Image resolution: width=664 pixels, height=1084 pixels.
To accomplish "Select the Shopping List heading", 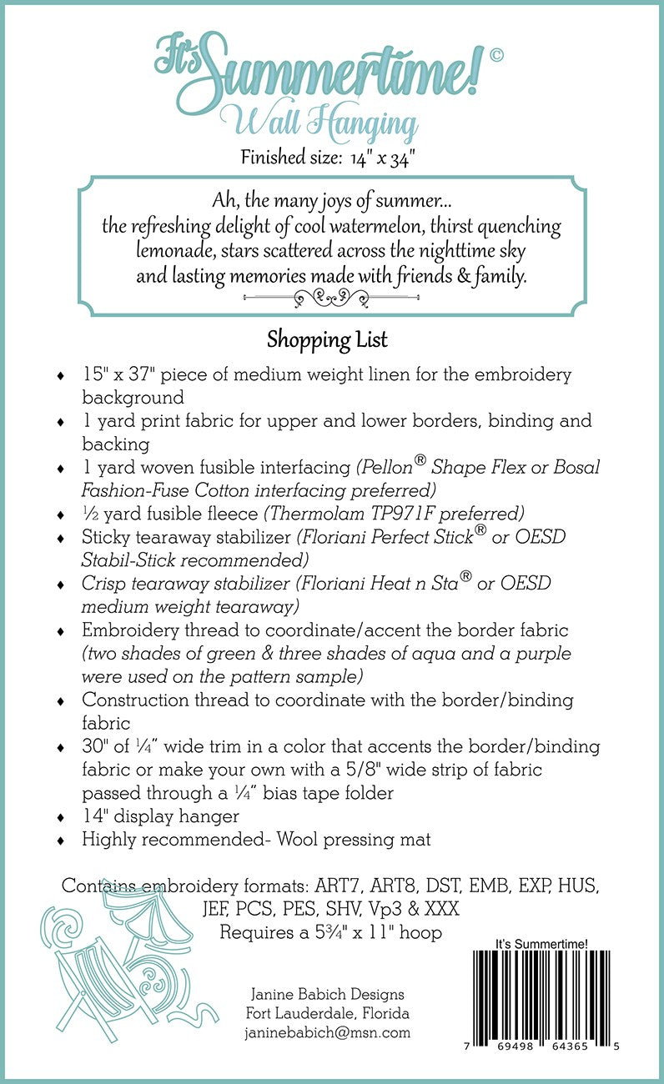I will pyautogui.click(x=327, y=340).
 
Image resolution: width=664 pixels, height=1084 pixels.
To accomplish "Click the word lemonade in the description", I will pyautogui.click(x=180, y=251).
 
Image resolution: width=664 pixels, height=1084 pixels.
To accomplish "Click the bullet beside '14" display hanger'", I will pyautogui.click(x=58, y=817).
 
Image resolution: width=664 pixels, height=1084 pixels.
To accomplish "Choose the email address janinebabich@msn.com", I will pyautogui.click(x=327, y=1032).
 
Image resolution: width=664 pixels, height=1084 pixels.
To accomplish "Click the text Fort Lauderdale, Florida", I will pyautogui.click(x=327, y=1013).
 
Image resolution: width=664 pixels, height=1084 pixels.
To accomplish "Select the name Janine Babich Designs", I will pyautogui.click(x=327, y=994).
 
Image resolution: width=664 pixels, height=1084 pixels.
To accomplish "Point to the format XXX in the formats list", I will pyautogui.click(x=438, y=907).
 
